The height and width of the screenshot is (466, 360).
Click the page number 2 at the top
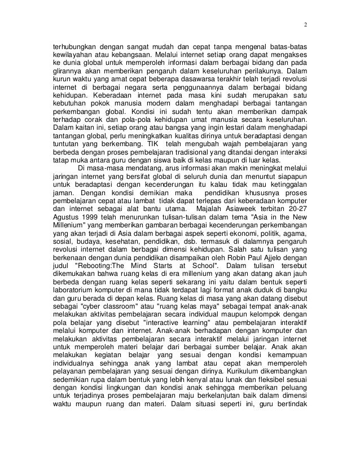pyautogui.click(x=305, y=25)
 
